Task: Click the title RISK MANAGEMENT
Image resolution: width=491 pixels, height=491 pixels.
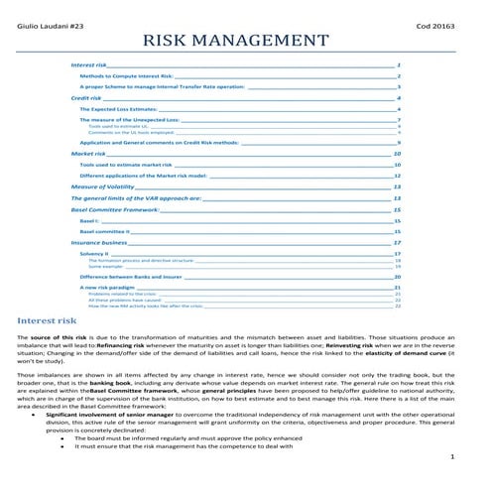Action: pyautogui.click(x=236, y=41)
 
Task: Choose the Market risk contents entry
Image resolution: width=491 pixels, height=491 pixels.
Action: pyautogui.click(x=88, y=155)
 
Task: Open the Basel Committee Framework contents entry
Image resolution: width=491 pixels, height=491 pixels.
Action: pyautogui.click(x=115, y=210)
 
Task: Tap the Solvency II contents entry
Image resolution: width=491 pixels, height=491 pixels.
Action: pyautogui.click(x=94, y=254)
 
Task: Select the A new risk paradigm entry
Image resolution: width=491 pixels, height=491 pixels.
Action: pyautogui.click(x=107, y=287)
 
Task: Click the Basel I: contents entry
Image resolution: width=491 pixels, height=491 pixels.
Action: pyautogui.click(x=90, y=221)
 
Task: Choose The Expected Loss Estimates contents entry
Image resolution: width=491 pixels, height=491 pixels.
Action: pyautogui.click(x=114, y=109)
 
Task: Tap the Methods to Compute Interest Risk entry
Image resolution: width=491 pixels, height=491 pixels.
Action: pyautogui.click(x=126, y=75)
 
